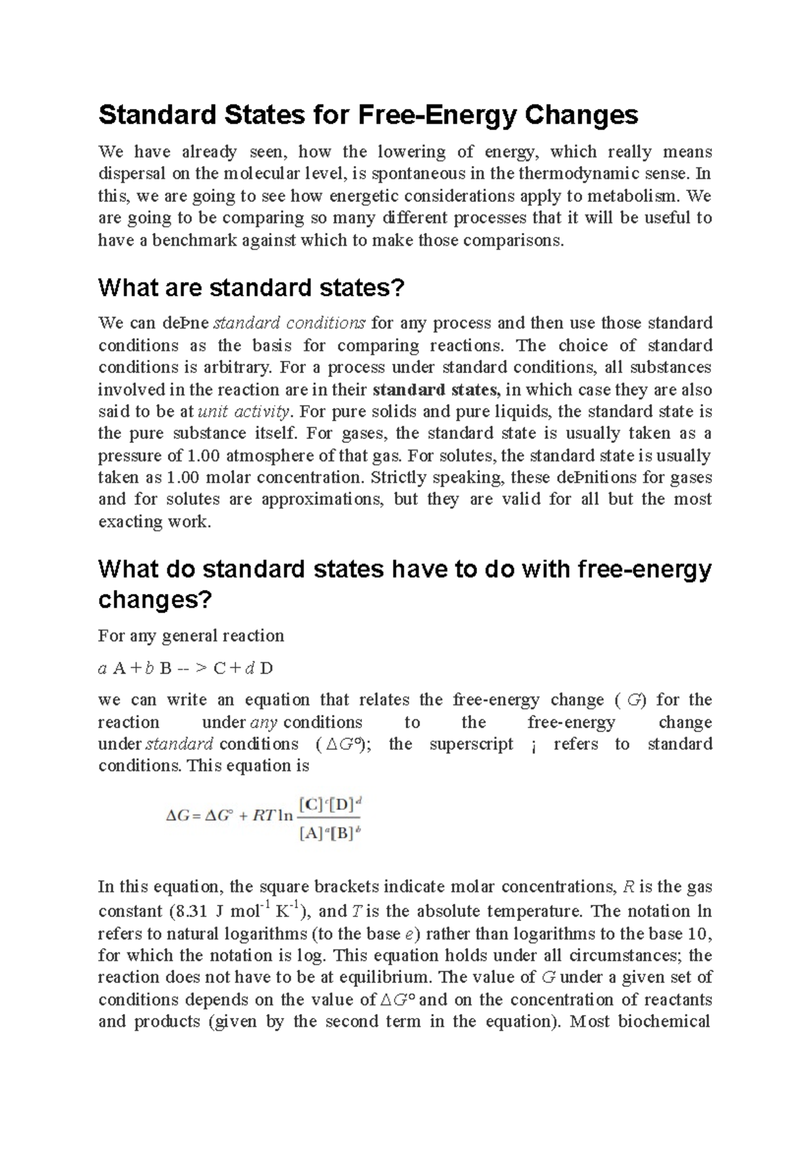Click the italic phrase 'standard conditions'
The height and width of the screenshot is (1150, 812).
click(290, 323)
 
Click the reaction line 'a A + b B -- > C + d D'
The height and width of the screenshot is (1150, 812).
click(185, 668)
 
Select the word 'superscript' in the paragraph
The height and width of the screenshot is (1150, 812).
click(471, 744)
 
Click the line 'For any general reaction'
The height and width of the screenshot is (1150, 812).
click(191, 636)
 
